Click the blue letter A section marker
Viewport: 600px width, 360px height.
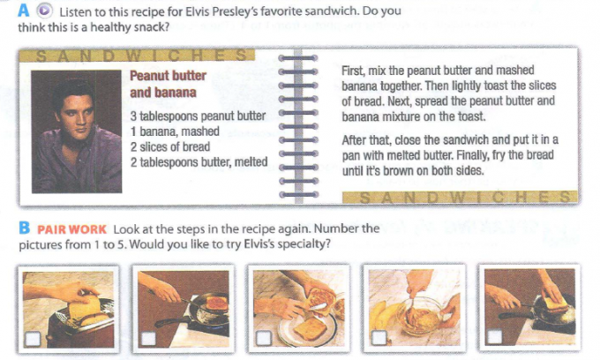click(23, 11)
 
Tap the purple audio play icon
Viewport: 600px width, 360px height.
click(44, 11)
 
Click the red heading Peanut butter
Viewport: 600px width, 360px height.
click(168, 75)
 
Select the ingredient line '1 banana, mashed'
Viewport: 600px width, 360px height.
click(175, 131)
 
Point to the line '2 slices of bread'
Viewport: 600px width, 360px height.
click(170, 146)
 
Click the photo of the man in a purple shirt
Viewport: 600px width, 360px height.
click(77, 131)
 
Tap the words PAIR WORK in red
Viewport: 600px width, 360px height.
click(71, 229)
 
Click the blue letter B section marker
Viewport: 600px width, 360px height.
click(24, 228)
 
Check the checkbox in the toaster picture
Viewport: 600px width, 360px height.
click(33, 339)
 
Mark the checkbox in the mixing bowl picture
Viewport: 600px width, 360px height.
click(379, 338)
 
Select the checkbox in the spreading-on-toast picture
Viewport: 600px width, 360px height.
click(264, 338)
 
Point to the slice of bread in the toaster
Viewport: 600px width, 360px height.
click(85, 309)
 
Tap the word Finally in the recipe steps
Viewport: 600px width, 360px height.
click(471, 155)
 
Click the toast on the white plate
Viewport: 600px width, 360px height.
click(310, 328)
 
